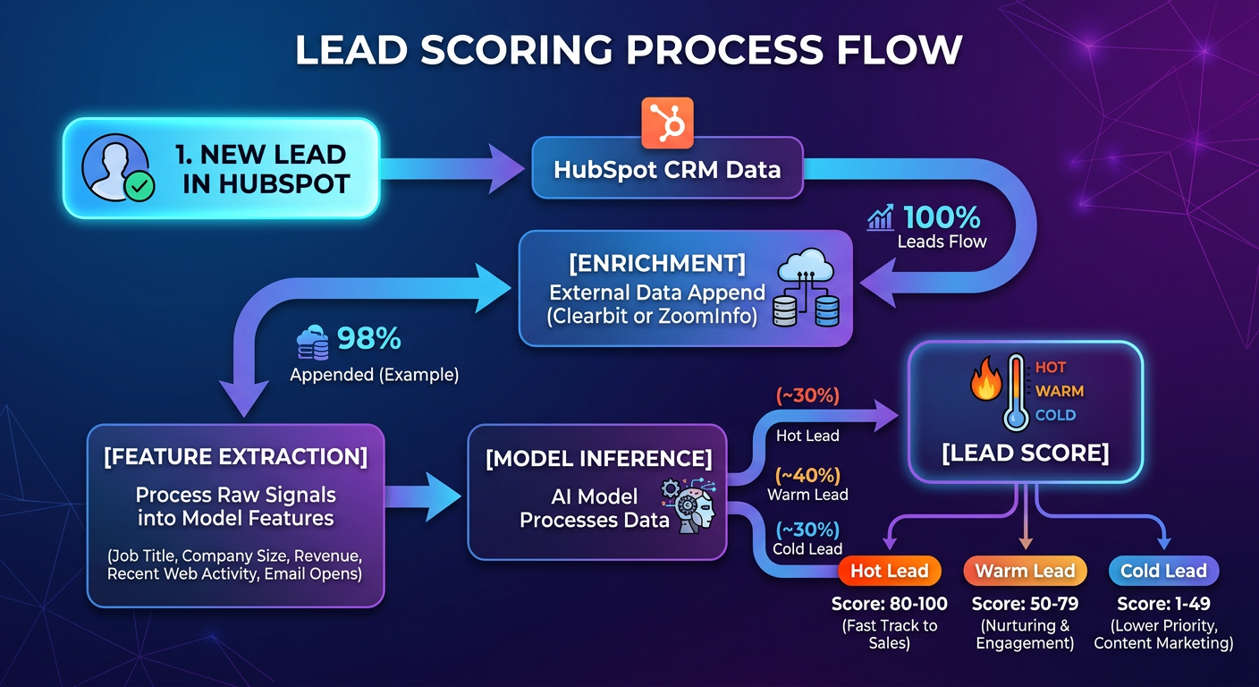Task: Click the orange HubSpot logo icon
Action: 667,123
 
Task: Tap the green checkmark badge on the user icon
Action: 139,186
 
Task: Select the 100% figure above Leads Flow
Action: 942,217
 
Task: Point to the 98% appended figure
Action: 368,338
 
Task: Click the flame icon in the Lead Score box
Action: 986,377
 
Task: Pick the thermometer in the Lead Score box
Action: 1016,393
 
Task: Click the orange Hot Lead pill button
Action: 889,571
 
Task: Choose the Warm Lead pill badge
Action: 1026,571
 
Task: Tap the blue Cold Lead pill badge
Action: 1163,571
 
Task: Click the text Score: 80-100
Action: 889,604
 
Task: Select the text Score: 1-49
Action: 1163,604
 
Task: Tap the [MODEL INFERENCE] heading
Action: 598,459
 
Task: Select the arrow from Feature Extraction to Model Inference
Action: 423,496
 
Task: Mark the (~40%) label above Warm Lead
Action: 807,476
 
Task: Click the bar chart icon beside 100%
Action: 880,217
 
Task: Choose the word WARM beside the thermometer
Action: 1060,391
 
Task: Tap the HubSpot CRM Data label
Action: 667,170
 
